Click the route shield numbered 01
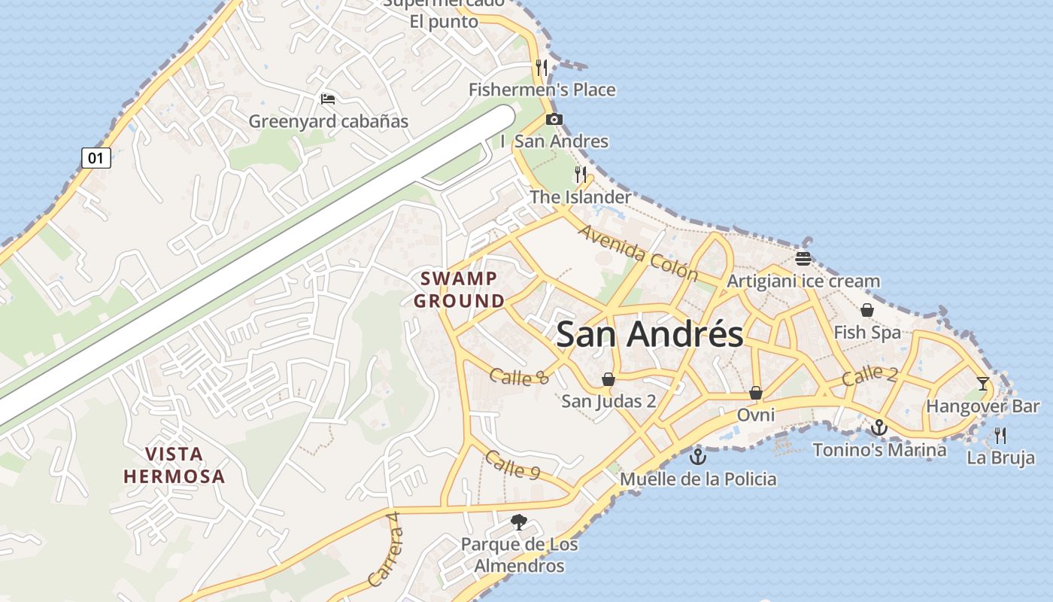click(x=96, y=158)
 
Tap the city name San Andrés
click(x=650, y=334)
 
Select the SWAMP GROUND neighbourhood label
click(x=460, y=290)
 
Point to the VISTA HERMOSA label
click(x=174, y=465)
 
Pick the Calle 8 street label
click(x=519, y=376)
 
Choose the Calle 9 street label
click(x=512, y=465)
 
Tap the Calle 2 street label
click(x=869, y=375)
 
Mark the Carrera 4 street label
click(x=385, y=557)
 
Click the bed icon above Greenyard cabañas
click(x=327, y=99)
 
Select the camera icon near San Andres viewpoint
click(x=554, y=119)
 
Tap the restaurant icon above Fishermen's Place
click(x=542, y=67)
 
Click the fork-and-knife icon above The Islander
click(x=581, y=175)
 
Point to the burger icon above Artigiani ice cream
click(x=803, y=259)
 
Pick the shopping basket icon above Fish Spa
click(x=867, y=310)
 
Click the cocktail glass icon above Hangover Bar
click(x=982, y=384)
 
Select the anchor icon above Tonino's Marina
click(x=879, y=427)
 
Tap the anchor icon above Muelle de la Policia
click(x=698, y=456)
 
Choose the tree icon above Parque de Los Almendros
click(x=518, y=521)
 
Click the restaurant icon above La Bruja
click(x=1000, y=435)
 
